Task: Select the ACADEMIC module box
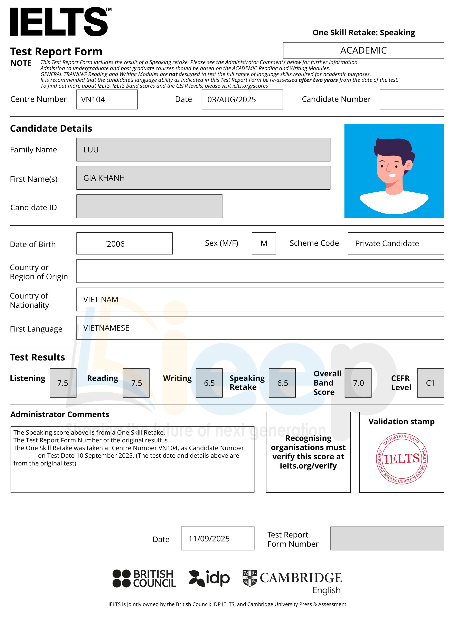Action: click(x=363, y=50)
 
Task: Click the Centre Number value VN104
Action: click(x=93, y=100)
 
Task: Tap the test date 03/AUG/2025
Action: click(x=231, y=100)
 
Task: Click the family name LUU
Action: click(x=91, y=150)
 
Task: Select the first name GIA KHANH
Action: click(x=104, y=178)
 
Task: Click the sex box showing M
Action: click(x=263, y=243)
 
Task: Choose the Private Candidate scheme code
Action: click(x=387, y=243)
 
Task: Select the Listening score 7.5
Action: click(x=63, y=383)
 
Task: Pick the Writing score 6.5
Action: click(x=209, y=383)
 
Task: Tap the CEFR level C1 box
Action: click(x=430, y=383)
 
